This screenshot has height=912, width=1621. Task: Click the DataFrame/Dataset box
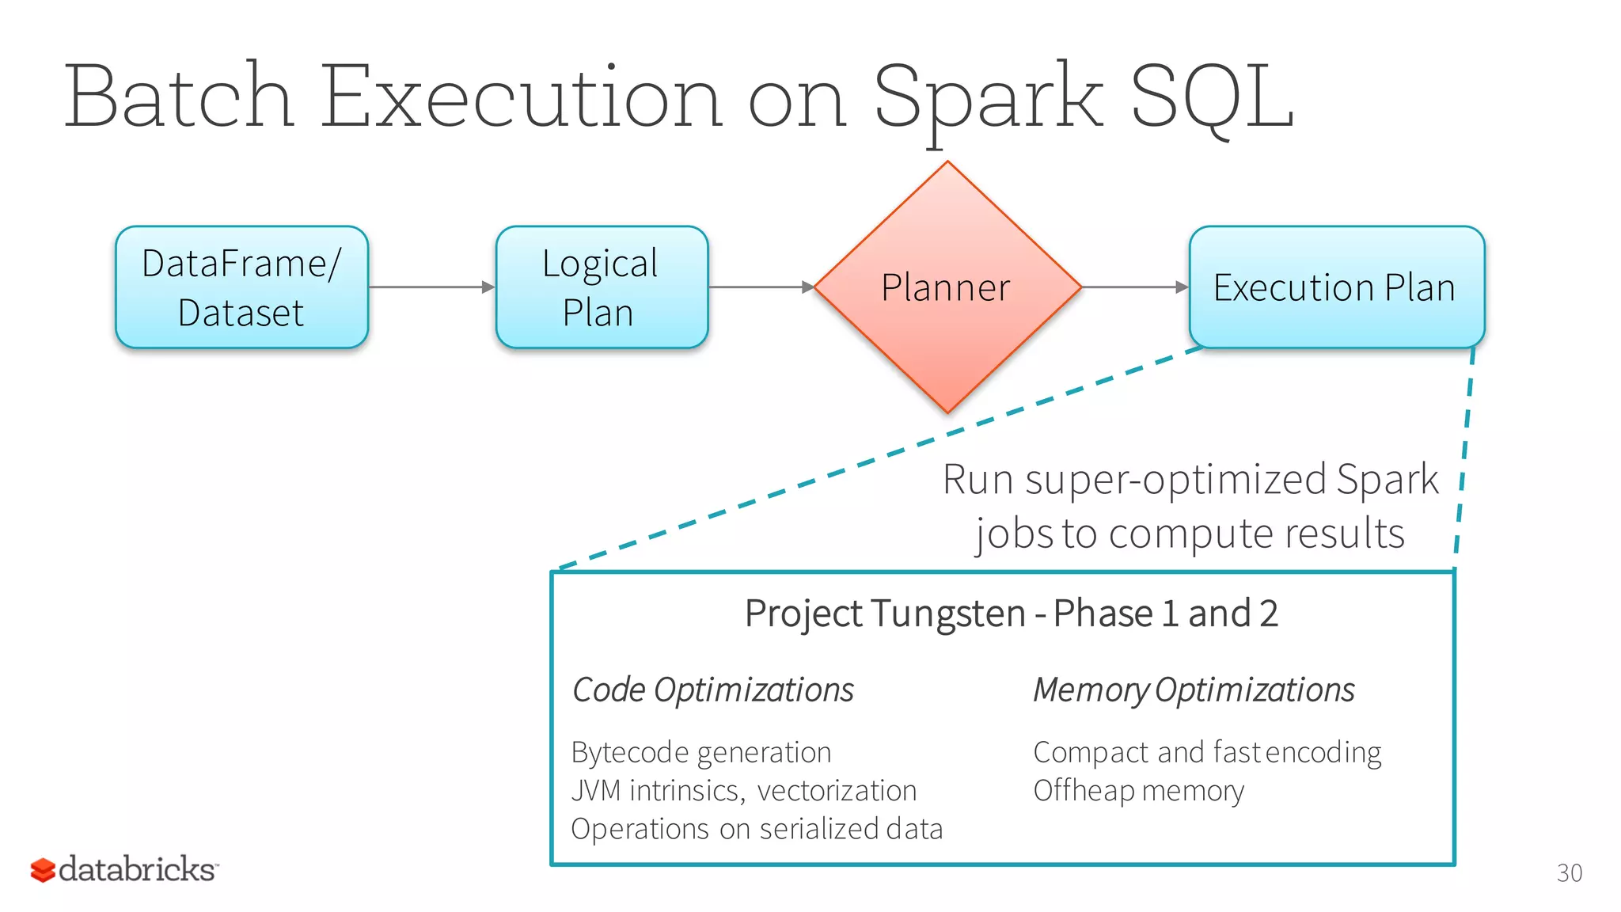(241, 287)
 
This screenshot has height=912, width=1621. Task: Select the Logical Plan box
(602, 287)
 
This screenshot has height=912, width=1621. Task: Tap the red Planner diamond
(947, 287)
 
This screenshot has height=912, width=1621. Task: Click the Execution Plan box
(1336, 287)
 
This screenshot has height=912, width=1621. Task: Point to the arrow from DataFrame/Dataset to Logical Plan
(431, 287)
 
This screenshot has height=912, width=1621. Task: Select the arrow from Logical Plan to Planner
(761, 287)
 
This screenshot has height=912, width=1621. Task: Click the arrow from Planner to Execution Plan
(1134, 287)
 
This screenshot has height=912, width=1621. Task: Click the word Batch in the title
(179, 97)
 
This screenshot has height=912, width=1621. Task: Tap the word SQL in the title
(1212, 97)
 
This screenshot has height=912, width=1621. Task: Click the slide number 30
(1569, 872)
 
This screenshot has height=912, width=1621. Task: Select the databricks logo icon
(43, 870)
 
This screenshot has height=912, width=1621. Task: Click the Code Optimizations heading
(712, 690)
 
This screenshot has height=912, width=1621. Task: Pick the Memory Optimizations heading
(1194, 690)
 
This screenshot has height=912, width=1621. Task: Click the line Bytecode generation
(700, 752)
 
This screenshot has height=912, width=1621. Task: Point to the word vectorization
(837, 791)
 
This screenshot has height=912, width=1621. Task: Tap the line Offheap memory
(1138, 791)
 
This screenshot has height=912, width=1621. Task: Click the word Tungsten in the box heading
(947, 614)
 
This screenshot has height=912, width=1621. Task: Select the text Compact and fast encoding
(1207, 752)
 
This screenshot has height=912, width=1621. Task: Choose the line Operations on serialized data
(757, 829)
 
